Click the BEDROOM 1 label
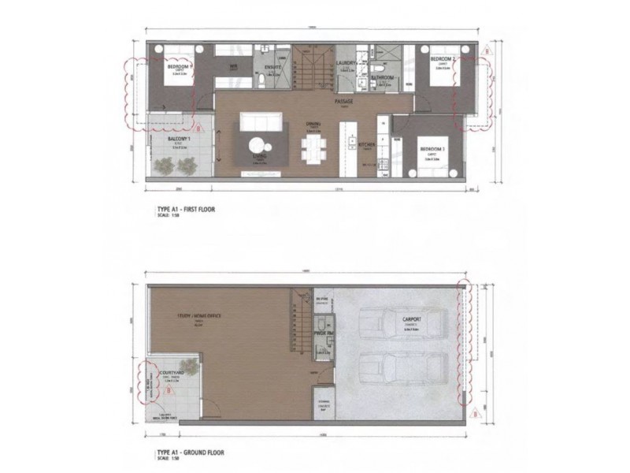point(180,67)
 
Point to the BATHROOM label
point(383,78)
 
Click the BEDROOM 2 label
point(443,59)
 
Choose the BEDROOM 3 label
point(432,149)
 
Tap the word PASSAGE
point(343,102)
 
